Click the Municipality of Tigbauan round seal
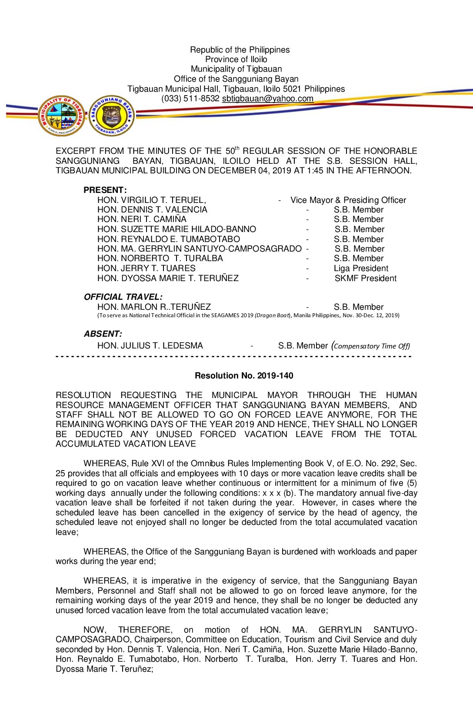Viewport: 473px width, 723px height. tap(62, 116)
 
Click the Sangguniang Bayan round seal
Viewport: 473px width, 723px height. tap(112, 116)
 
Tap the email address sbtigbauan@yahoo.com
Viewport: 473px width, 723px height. tap(267, 99)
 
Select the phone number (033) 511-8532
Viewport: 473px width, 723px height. tap(190, 99)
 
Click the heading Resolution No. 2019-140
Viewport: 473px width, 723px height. tap(244, 376)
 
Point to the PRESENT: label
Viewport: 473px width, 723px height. tap(105, 190)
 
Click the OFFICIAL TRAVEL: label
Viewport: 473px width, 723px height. tap(123, 297)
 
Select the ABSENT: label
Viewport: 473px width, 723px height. tap(103, 334)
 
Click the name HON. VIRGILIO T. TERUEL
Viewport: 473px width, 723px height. tap(151, 200)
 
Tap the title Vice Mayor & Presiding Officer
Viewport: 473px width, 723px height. tap(348, 200)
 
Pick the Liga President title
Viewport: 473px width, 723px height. tap(361, 269)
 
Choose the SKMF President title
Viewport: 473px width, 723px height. tap(365, 279)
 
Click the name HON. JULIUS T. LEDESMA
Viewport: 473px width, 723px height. tap(150, 346)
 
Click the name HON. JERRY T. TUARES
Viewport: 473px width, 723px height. tap(147, 269)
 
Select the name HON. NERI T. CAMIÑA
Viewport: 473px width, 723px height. tap(142, 219)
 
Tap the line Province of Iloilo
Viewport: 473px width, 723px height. tap(236, 60)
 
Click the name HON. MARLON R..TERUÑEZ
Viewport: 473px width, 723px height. tap(154, 307)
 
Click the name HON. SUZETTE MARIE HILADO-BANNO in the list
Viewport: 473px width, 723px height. tap(177, 229)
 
